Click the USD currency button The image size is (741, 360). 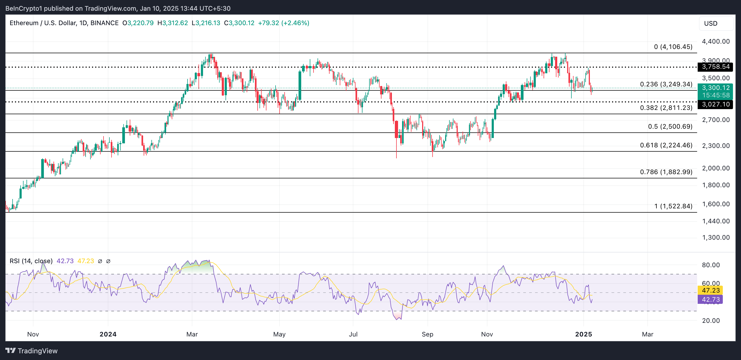point(716,24)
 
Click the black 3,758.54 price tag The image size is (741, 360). point(715,67)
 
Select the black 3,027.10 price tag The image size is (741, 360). point(715,104)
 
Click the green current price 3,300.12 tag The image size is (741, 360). point(715,88)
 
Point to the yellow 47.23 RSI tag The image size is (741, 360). point(710,290)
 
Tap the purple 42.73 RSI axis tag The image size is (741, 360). point(710,300)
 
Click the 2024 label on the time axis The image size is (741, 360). point(108,334)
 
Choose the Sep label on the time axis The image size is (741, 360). point(427,334)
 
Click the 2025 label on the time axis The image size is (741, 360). point(583,334)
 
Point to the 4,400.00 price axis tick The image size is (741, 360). point(716,41)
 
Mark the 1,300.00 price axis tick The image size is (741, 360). point(716,238)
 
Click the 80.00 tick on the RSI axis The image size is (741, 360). point(711,265)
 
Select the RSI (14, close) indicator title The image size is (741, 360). point(31,261)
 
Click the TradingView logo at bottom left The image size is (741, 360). point(32,351)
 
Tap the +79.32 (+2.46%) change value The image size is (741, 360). point(284,23)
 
